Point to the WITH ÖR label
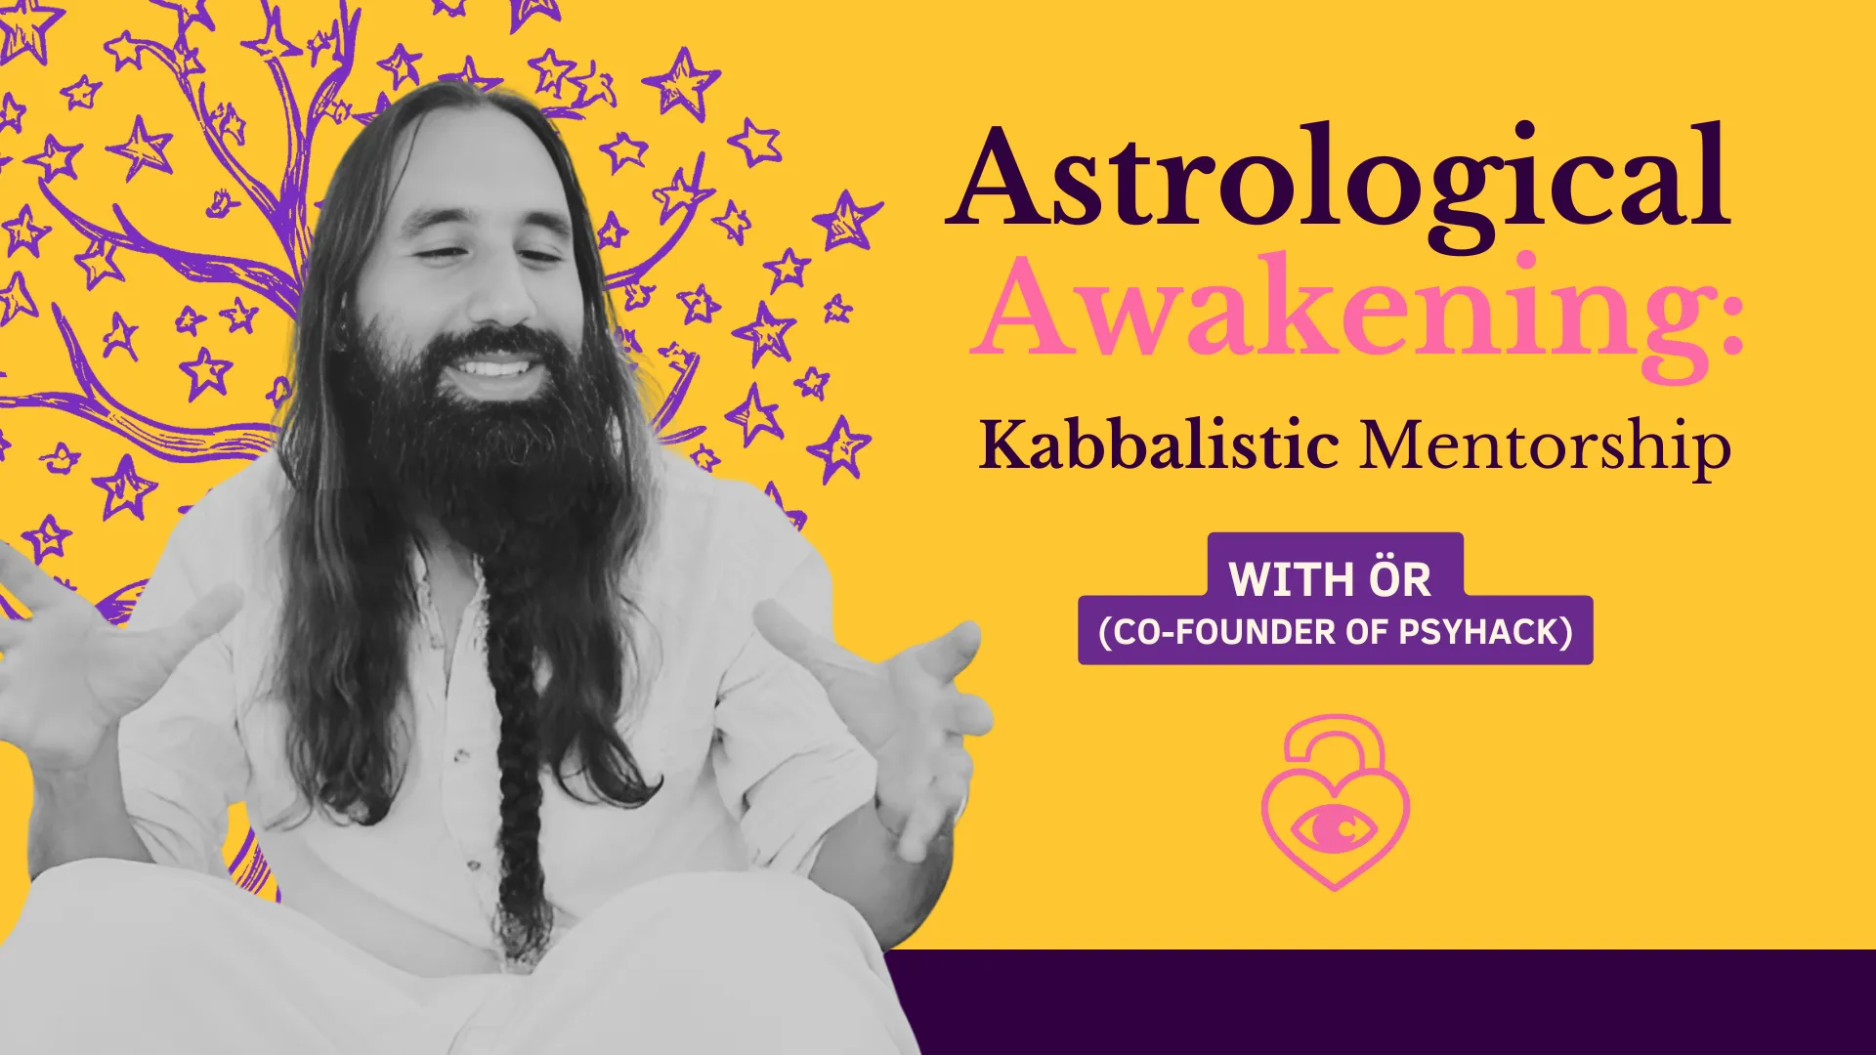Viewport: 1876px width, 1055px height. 1330,578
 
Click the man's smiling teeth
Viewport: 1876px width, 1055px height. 492,370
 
